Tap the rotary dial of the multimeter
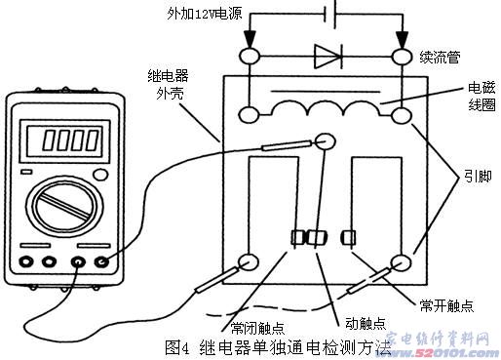[x=63, y=209]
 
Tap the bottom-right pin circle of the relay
[x=402, y=262]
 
